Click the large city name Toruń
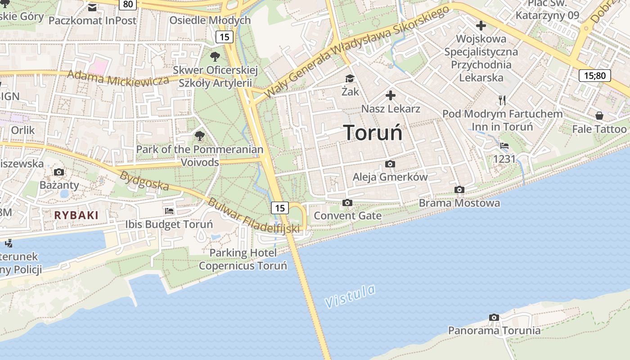click(x=373, y=133)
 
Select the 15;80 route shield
click(x=594, y=75)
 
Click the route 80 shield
click(x=128, y=4)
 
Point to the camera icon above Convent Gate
click(x=347, y=203)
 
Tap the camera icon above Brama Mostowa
click(x=459, y=190)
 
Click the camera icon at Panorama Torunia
click(x=494, y=318)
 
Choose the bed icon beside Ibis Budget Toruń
click(x=169, y=211)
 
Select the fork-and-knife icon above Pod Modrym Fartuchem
click(x=502, y=100)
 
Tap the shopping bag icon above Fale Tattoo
click(x=599, y=116)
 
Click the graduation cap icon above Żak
click(x=350, y=79)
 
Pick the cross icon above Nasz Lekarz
click(x=391, y=95)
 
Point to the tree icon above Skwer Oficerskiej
click(x=215, y=57)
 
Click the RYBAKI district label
click(x=76, y=215)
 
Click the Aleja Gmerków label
click(x=390, y=177)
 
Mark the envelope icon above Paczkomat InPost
click(x=92, y=8)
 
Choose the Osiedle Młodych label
click(x=210, y=20)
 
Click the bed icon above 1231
click(x=504, y=146)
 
